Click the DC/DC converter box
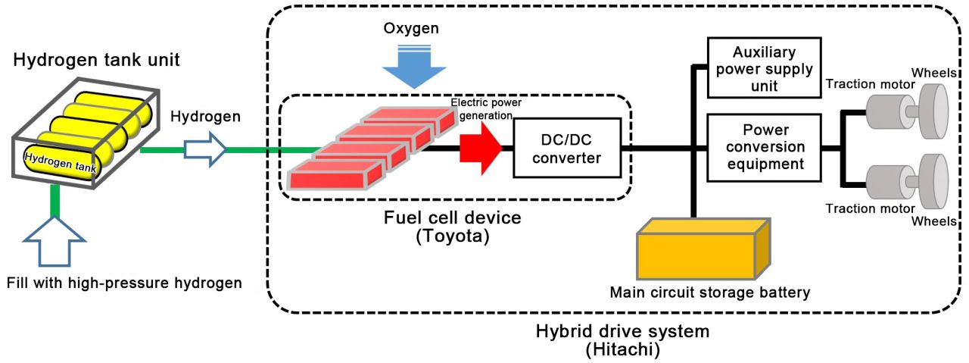[561, 149]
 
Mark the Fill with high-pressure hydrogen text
[124, 283]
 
